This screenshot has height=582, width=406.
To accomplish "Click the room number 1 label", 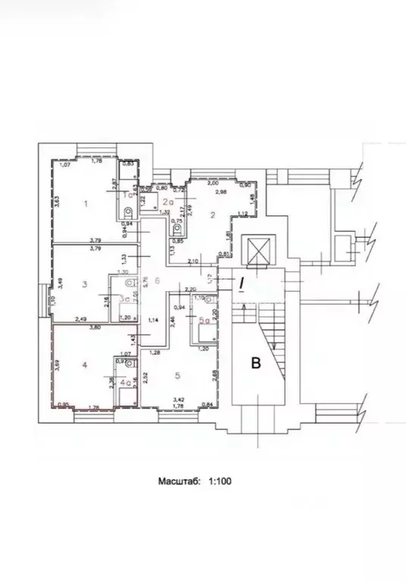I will [86, 203].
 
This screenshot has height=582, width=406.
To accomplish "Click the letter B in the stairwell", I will [256, 364].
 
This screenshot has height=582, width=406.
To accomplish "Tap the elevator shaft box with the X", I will [254, 250].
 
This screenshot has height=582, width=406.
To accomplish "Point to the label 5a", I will [203, 321].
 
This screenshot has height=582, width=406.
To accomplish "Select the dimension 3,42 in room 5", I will [179, 399].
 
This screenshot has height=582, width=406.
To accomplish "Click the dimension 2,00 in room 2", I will [213, 183].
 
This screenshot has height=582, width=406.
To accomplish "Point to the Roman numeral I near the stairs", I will [242, 285].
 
